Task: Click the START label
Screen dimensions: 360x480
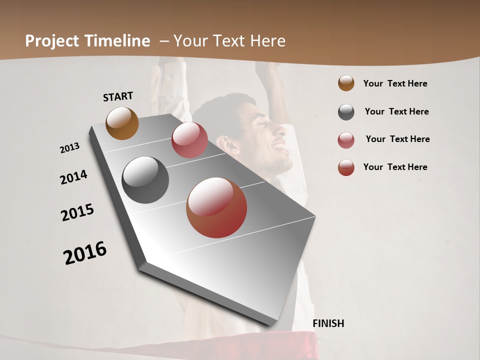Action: click(x=118, y=96)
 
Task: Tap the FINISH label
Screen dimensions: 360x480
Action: click(x=328, y=323)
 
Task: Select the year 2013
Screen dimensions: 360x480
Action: click(x=70, y=148)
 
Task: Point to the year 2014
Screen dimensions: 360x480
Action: click(x=73, y=177)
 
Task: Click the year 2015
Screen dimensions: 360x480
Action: click(x=77, y=213)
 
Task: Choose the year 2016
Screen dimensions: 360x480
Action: click(x=85, y=253)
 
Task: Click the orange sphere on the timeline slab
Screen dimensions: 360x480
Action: click(x=122, y=123)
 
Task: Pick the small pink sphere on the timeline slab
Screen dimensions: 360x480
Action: click(x=189, y=140)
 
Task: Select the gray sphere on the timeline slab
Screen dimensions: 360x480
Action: click(x=145, y=180)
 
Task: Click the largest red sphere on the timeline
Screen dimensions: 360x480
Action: click(x=216, y=207)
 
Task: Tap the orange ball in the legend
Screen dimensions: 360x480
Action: click(x=346, y=83)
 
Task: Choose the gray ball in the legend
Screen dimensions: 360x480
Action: click(x=346, y=112)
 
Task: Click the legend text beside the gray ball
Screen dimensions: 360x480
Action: click(x=396, y=111)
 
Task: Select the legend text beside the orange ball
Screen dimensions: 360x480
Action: click(x=395, y=83)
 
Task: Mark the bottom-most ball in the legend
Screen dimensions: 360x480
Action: click(x=346, y=167)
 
